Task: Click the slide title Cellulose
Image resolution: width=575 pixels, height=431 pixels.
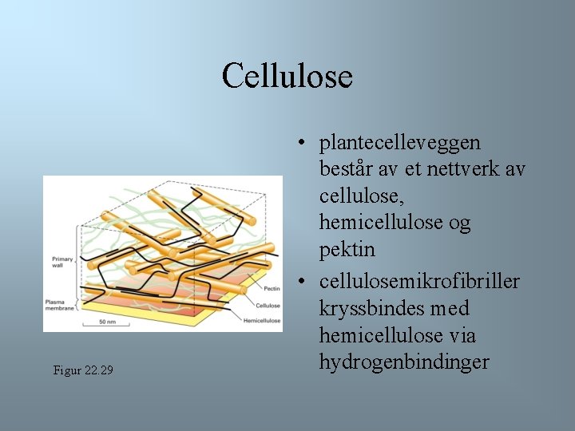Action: coord(287,77)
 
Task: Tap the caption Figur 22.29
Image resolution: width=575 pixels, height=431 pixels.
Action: coord(82,370)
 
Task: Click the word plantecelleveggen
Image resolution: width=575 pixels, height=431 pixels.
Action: coord(400,143)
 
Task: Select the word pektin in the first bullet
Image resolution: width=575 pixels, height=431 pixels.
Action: coord(347,251)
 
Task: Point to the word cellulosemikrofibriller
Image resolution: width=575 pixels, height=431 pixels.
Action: coord(419,281)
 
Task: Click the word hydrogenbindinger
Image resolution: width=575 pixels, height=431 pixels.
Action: coord(404,362)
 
